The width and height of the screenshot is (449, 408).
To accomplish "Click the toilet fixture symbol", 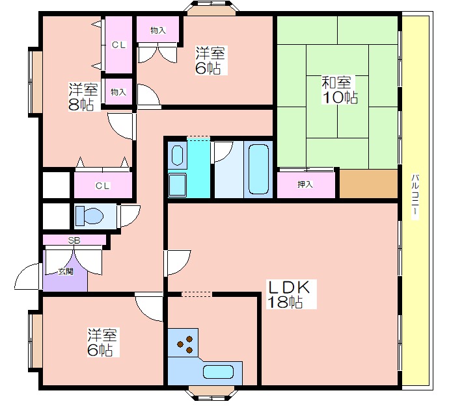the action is (x=89, y=216).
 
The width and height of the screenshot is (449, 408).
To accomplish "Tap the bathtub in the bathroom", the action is (x=258, y=170).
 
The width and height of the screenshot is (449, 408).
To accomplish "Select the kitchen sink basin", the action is (x=218, y=372).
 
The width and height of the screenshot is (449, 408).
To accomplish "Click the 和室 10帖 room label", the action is (x=340, y=90).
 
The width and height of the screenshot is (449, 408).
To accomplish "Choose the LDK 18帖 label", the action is (x=289, y=294).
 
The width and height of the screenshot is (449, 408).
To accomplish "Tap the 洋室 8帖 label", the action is (x=83, y=97).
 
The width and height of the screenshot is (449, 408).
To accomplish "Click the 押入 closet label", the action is (x=305, y=185).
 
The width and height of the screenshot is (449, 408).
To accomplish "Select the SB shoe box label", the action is (x=74, y=240).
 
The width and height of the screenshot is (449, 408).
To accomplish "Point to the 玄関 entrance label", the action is (x=66, y=272).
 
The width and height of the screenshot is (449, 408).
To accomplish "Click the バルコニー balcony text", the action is (x=415, y=196).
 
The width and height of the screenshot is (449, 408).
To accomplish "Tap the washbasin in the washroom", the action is (x=177, y=155).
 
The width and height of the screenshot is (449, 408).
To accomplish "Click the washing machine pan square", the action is (x=177, y=185).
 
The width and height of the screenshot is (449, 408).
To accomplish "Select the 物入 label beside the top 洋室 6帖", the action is (x=157, y=31).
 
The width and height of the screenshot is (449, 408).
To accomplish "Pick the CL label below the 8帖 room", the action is (x=103, y=186).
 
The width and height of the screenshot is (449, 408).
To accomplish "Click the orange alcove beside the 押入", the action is (x=369, y=184).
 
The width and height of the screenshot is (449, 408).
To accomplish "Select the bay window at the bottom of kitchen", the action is (x=211, y=393).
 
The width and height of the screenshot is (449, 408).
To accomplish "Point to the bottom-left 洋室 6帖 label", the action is (x=102, y=342).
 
